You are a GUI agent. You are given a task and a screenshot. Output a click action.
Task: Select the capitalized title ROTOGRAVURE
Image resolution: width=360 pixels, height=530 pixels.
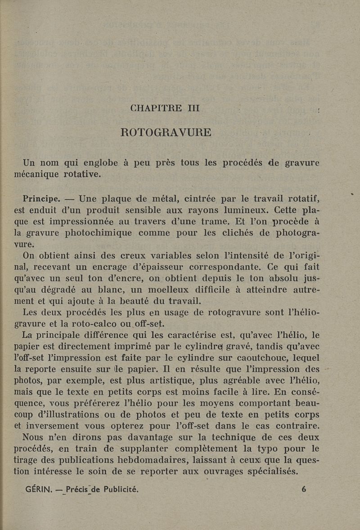166,133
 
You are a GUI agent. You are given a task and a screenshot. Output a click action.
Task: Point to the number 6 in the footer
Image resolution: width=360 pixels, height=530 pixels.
304,489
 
